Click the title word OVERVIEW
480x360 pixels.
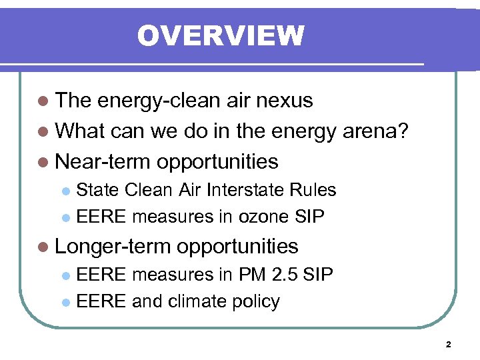click(x=221, y=35)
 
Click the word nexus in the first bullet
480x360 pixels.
click(x=285, y=101)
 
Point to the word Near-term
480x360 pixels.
click(x=103, y=161)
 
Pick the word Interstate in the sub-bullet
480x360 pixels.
click(x=247, y=190)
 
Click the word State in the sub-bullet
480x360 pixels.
click(x=95, y=190)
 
